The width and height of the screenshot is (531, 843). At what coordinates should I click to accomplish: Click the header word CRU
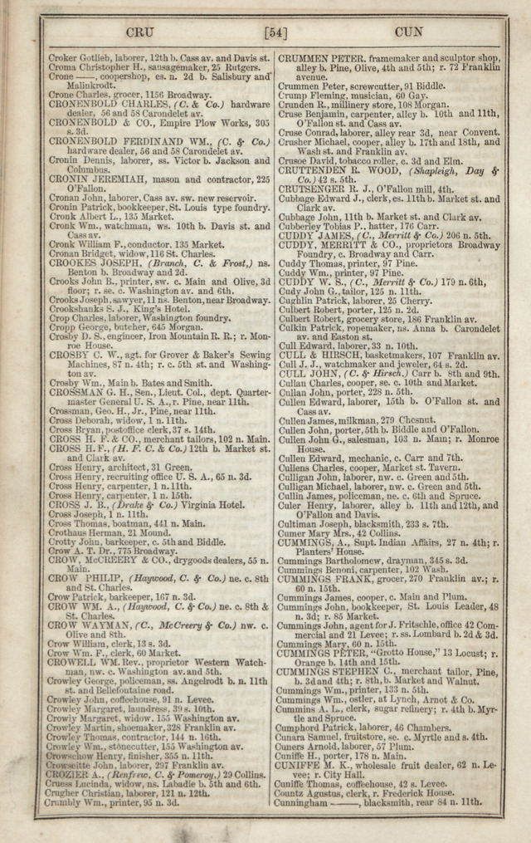[x=140, y=33]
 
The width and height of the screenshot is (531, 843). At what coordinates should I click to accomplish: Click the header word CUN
[x=409, y=33]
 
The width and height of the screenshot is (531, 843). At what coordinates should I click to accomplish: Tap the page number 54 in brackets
[x=275, y=33]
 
